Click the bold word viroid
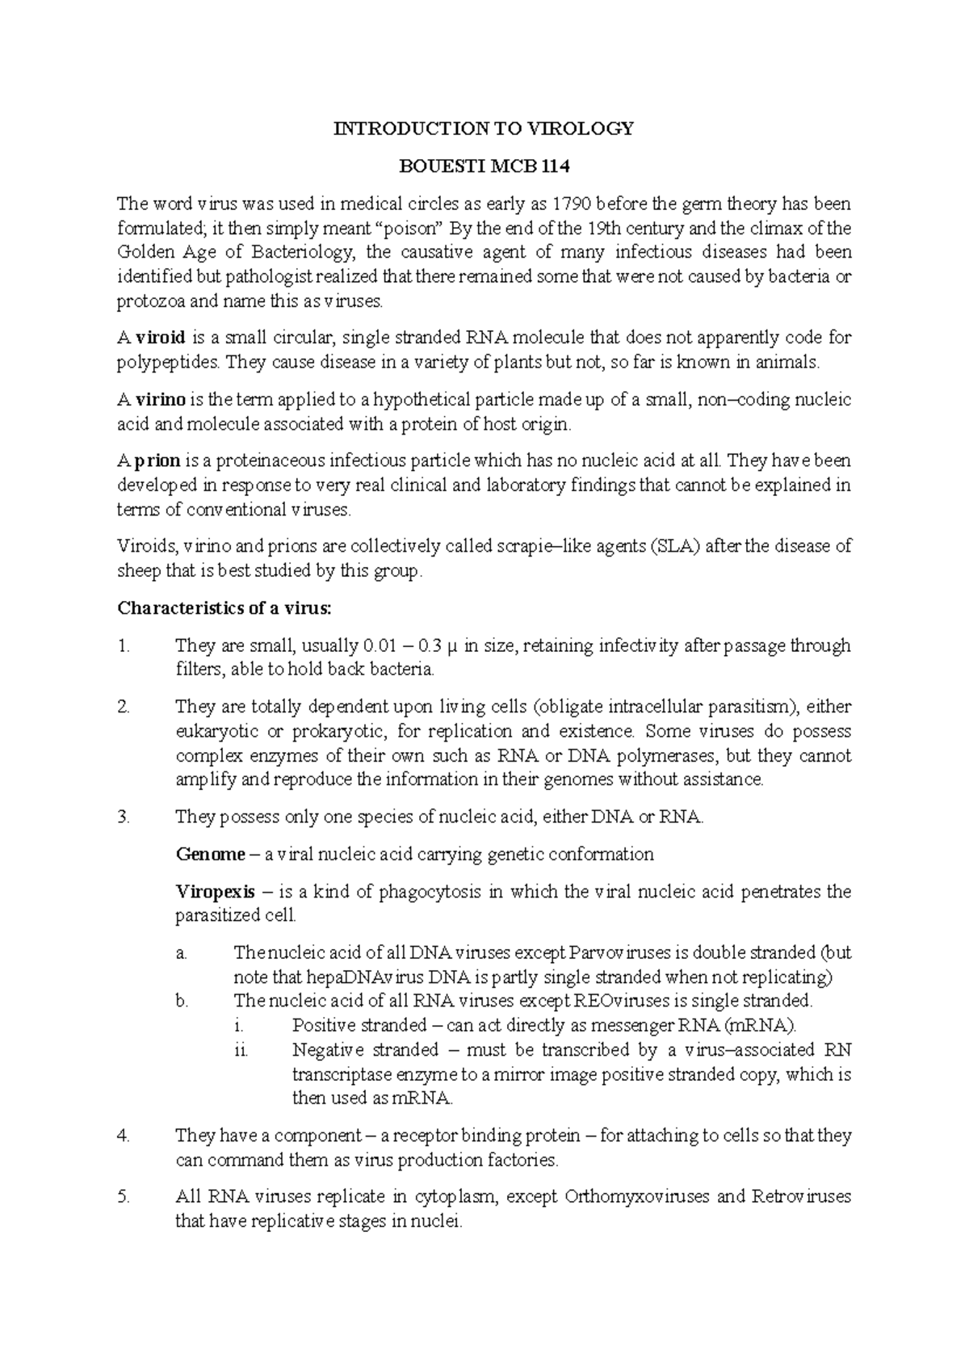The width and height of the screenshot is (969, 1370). [160, 337]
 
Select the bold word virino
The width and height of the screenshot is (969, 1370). [161, 399]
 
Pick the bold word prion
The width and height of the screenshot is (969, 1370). [157, 461]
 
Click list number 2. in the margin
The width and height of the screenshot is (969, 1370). [124, 707]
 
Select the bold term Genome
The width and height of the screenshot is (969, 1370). [210, 855]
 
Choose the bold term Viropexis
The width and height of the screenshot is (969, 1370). [216, 892]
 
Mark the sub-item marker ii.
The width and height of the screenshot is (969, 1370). [240, 1050]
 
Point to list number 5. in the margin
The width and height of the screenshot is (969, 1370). [124, 1197]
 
